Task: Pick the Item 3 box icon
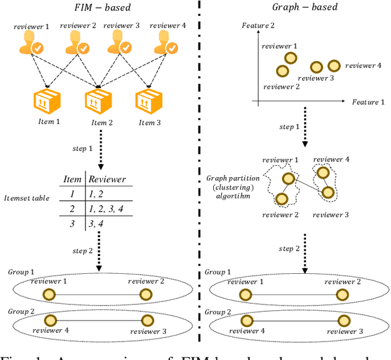(x=147, y=102)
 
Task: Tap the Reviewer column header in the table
(x=108, y=179)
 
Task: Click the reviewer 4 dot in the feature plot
(x=333, y=65)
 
